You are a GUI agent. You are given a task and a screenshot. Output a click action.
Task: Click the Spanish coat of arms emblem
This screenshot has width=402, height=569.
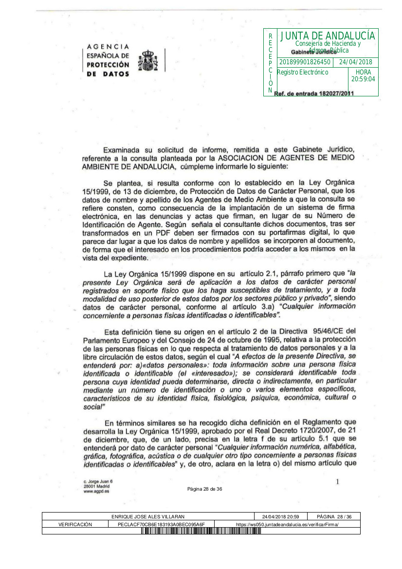[148, 60]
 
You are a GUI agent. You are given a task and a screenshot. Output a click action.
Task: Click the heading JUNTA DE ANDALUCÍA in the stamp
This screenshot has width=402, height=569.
[328, 36]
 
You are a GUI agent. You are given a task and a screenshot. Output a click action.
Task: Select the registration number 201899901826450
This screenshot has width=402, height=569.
[305, 62]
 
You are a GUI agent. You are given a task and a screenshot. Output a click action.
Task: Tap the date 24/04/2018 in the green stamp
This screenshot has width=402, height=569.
[355, 62]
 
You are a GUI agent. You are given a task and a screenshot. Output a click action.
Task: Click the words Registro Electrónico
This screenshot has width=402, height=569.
[302, 72]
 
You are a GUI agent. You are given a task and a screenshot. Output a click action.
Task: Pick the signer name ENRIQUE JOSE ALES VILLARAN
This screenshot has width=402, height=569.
[148, 516]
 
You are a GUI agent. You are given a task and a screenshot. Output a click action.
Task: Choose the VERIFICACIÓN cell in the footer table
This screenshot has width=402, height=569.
[75, 524]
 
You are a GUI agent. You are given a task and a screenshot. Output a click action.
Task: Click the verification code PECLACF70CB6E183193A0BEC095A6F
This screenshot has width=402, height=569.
[161, 524]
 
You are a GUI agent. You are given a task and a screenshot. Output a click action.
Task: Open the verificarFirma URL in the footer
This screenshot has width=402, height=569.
[287, 524]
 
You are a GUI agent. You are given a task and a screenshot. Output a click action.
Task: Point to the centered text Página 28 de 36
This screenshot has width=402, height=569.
[204, 489]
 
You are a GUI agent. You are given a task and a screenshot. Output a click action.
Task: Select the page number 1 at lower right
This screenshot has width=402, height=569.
[337, 481]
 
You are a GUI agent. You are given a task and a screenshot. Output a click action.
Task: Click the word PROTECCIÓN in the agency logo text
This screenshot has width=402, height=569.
[108, 65]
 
